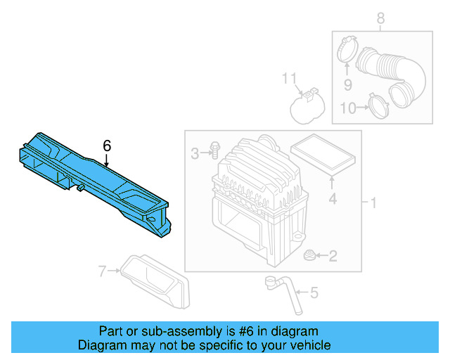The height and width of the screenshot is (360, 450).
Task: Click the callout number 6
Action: coord(107,146)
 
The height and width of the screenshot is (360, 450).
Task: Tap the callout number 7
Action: coord(103,271)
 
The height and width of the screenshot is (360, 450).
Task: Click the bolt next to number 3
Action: coord(214,150)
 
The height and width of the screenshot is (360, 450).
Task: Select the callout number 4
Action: coord(333,199)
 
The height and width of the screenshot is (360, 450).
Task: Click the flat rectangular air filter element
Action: coord(326,155)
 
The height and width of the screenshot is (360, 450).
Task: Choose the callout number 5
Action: coord(314,292)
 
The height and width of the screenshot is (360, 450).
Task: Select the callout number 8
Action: coord(380,18)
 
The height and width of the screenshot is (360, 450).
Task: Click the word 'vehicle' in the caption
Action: coord(307,345)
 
